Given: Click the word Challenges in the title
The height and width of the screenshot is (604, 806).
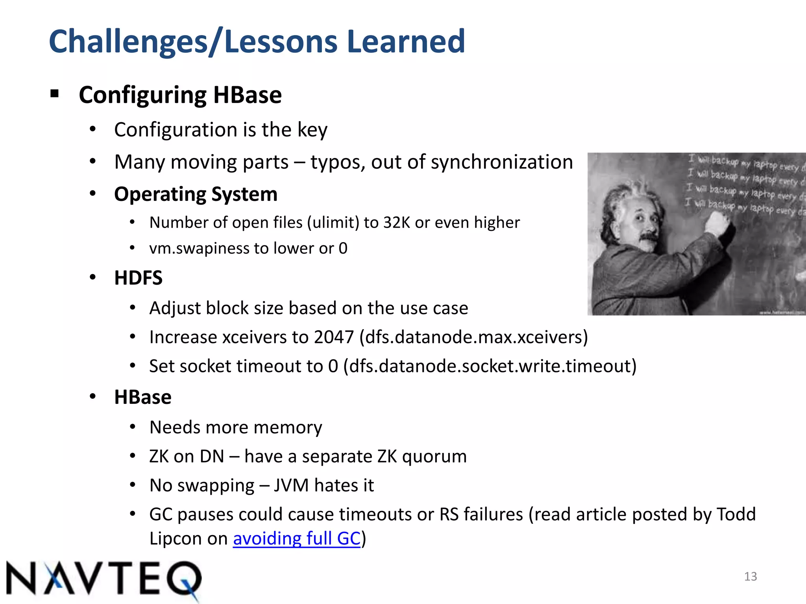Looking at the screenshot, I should (128, 42).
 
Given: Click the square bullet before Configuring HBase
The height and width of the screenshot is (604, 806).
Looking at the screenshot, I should (55, 94).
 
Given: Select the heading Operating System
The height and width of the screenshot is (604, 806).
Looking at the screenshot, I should (196, 194).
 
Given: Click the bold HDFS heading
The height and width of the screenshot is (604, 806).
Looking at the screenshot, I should (138, 278).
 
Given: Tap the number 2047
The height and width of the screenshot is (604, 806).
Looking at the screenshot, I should (334, 337).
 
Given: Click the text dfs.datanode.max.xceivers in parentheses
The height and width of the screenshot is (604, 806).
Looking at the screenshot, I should (473, 337).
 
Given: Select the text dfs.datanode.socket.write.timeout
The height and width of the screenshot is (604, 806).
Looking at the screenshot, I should (490, 366).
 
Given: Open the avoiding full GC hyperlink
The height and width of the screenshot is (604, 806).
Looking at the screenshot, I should (297, 538).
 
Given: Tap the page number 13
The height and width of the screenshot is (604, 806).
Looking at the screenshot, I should (751, 576).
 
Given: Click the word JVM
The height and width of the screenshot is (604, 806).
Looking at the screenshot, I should (291, 486).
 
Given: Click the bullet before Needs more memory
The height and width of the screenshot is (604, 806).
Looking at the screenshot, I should (133, 427).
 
